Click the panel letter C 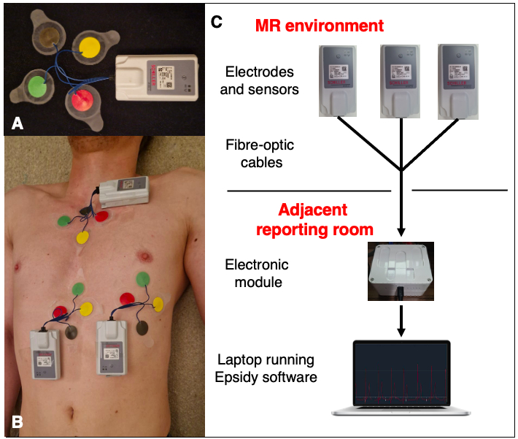[x=216, y=21]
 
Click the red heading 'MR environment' [x=319, y=26]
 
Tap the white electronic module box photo [x=401, y=271]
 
